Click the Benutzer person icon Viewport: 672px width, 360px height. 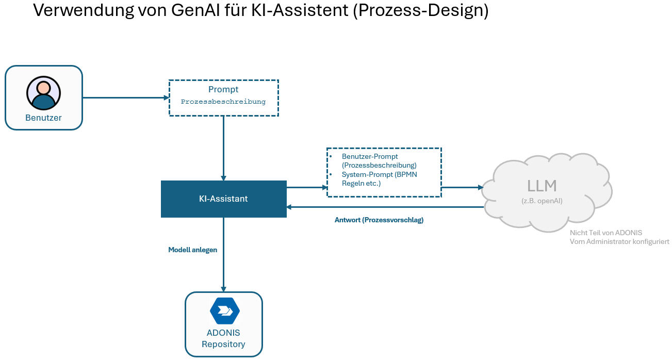point(43,93)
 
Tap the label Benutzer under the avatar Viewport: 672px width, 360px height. point(43,118)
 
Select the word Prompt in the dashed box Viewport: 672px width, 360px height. point(223,90)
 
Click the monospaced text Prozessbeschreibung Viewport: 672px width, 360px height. point(223,102)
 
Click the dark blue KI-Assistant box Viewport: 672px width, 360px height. point(223,199)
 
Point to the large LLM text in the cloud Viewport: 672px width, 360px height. point(542,186)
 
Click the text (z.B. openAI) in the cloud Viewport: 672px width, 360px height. point(542,201)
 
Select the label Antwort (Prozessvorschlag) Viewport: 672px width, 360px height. point(379,220)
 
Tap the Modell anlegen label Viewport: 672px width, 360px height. point(192,250)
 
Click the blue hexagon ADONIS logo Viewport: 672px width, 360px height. point(224,310)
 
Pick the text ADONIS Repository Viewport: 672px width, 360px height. point(223,338)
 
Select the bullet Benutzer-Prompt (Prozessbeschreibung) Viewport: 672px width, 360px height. point(379,160)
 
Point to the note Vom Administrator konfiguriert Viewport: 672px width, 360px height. point(619,241)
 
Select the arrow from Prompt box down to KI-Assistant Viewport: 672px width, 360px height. point(223,147)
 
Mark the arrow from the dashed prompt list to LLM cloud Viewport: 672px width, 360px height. point(462,187)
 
